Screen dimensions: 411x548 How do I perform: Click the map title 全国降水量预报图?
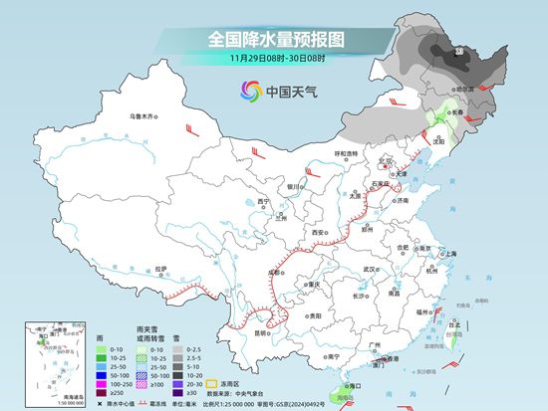click(x=273, y=39)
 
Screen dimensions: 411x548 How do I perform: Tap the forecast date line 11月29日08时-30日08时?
click(x=274, y=59)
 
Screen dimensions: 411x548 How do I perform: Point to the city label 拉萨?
click(x=160, y=268)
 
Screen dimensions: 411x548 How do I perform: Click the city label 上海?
click(x=450, y=253)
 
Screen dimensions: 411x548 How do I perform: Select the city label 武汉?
click(x=371, y=269)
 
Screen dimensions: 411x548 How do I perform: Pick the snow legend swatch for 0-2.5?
click(x=178, y=350)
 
